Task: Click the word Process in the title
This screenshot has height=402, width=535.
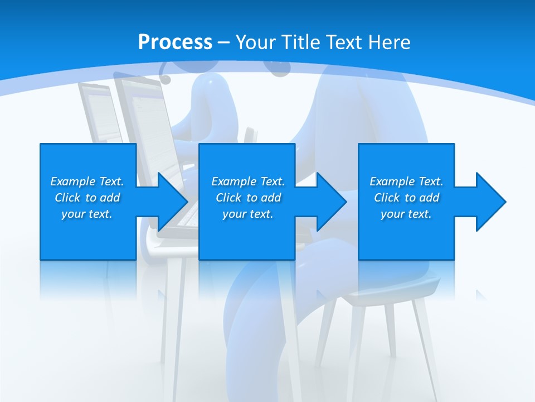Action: click(175, 42)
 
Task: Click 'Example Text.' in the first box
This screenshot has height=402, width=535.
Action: click(87, 181)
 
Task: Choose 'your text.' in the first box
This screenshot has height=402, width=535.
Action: click(87, 214)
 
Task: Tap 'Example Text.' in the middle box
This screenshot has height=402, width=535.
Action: click(248, 181)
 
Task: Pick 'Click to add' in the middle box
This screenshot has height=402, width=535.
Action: click(248, 198)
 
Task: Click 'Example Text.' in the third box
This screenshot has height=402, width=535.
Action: click(406, 181)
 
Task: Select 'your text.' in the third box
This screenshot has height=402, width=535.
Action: click(406, 214)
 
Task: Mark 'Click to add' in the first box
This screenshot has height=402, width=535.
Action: click(87, 198)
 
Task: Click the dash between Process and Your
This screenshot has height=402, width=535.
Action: click(224, 42)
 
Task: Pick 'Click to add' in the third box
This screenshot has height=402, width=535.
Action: click(406, 198)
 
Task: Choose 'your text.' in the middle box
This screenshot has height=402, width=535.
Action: click(248, 214)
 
